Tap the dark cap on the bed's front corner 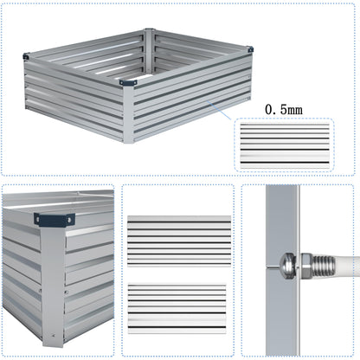(x=129, y=83)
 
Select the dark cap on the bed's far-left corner (x=27, y=57)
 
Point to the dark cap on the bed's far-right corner (x=249, y=49)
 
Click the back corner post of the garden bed (x=149, y=39)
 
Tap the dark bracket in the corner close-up (x=53, y=219)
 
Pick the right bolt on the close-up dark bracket (x=67, y=219)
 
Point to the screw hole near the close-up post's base (x=54, y=332)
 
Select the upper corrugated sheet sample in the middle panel (x=178, y=241)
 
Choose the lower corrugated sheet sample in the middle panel (x=178, y=310)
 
